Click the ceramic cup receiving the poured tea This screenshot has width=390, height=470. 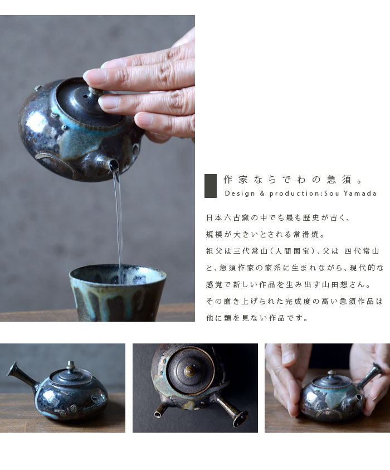pos(118,292)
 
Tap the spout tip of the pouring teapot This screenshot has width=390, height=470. pos(113,164)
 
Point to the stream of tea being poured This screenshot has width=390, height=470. pos(118,222)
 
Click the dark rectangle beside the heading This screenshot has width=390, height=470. pos(210,186)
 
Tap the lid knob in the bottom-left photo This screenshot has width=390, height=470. pos(71,365)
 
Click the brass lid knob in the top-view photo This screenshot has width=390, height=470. pos(189,371)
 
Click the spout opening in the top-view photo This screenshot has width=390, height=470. pos(158,415)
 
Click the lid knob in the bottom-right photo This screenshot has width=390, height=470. pos(331,372)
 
